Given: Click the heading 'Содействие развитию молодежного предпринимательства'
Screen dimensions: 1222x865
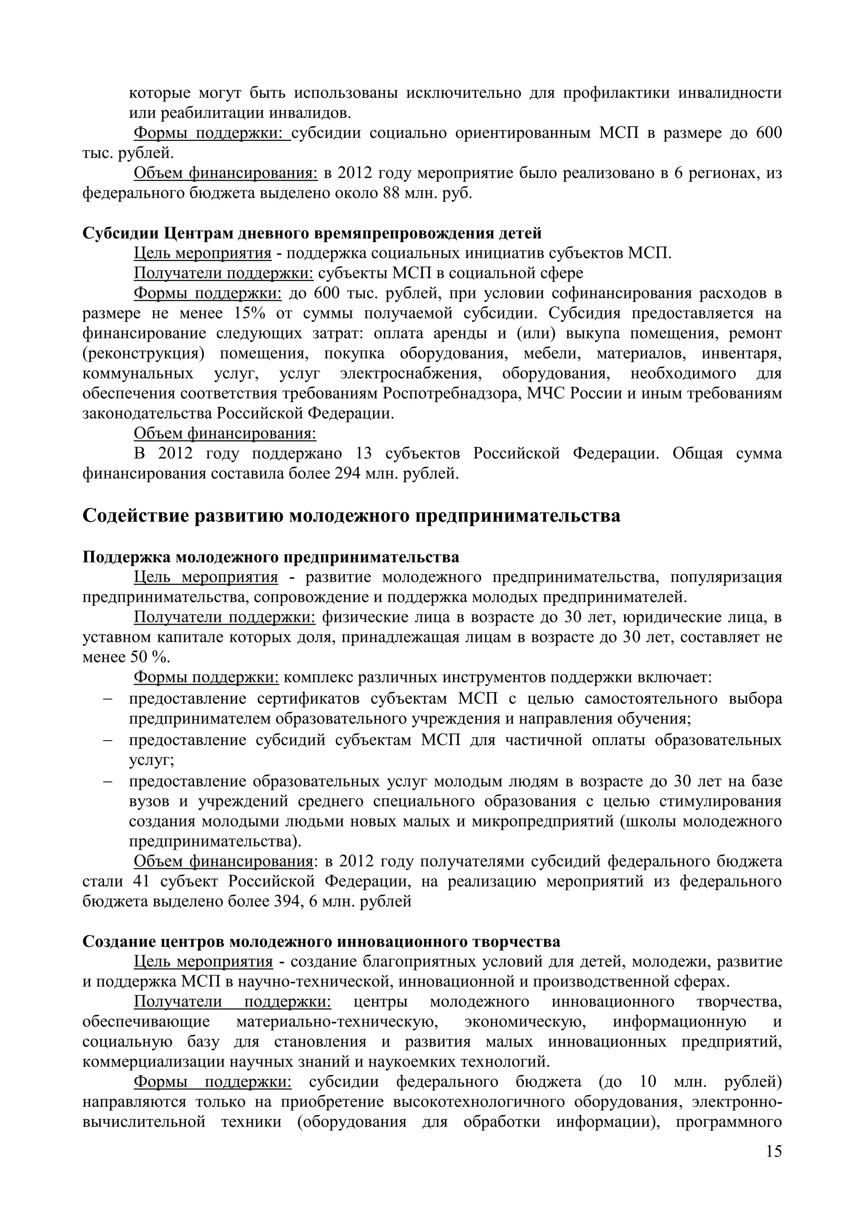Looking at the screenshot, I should coord(351,516).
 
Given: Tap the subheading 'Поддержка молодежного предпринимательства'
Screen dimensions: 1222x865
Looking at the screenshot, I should coord(271,557).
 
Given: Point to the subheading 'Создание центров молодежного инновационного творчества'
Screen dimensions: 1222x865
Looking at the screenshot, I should coord(321,941).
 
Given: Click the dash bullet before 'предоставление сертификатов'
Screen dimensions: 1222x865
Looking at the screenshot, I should coord(108,699).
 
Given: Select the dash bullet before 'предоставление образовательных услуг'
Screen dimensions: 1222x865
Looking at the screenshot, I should coord(108,782).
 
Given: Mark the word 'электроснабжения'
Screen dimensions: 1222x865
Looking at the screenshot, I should coord(411,373).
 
